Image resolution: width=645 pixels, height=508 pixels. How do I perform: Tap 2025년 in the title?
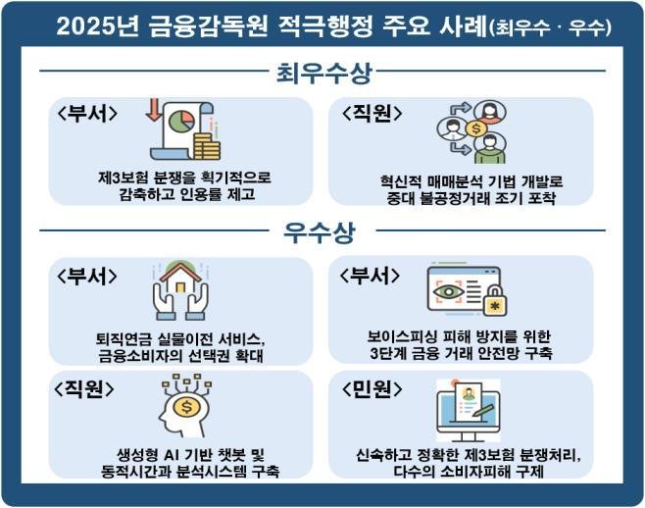click(94, 26)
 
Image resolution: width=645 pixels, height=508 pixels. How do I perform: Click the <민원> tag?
click(371, 388)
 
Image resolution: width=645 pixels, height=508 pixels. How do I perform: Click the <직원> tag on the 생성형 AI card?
click(87, 388)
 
